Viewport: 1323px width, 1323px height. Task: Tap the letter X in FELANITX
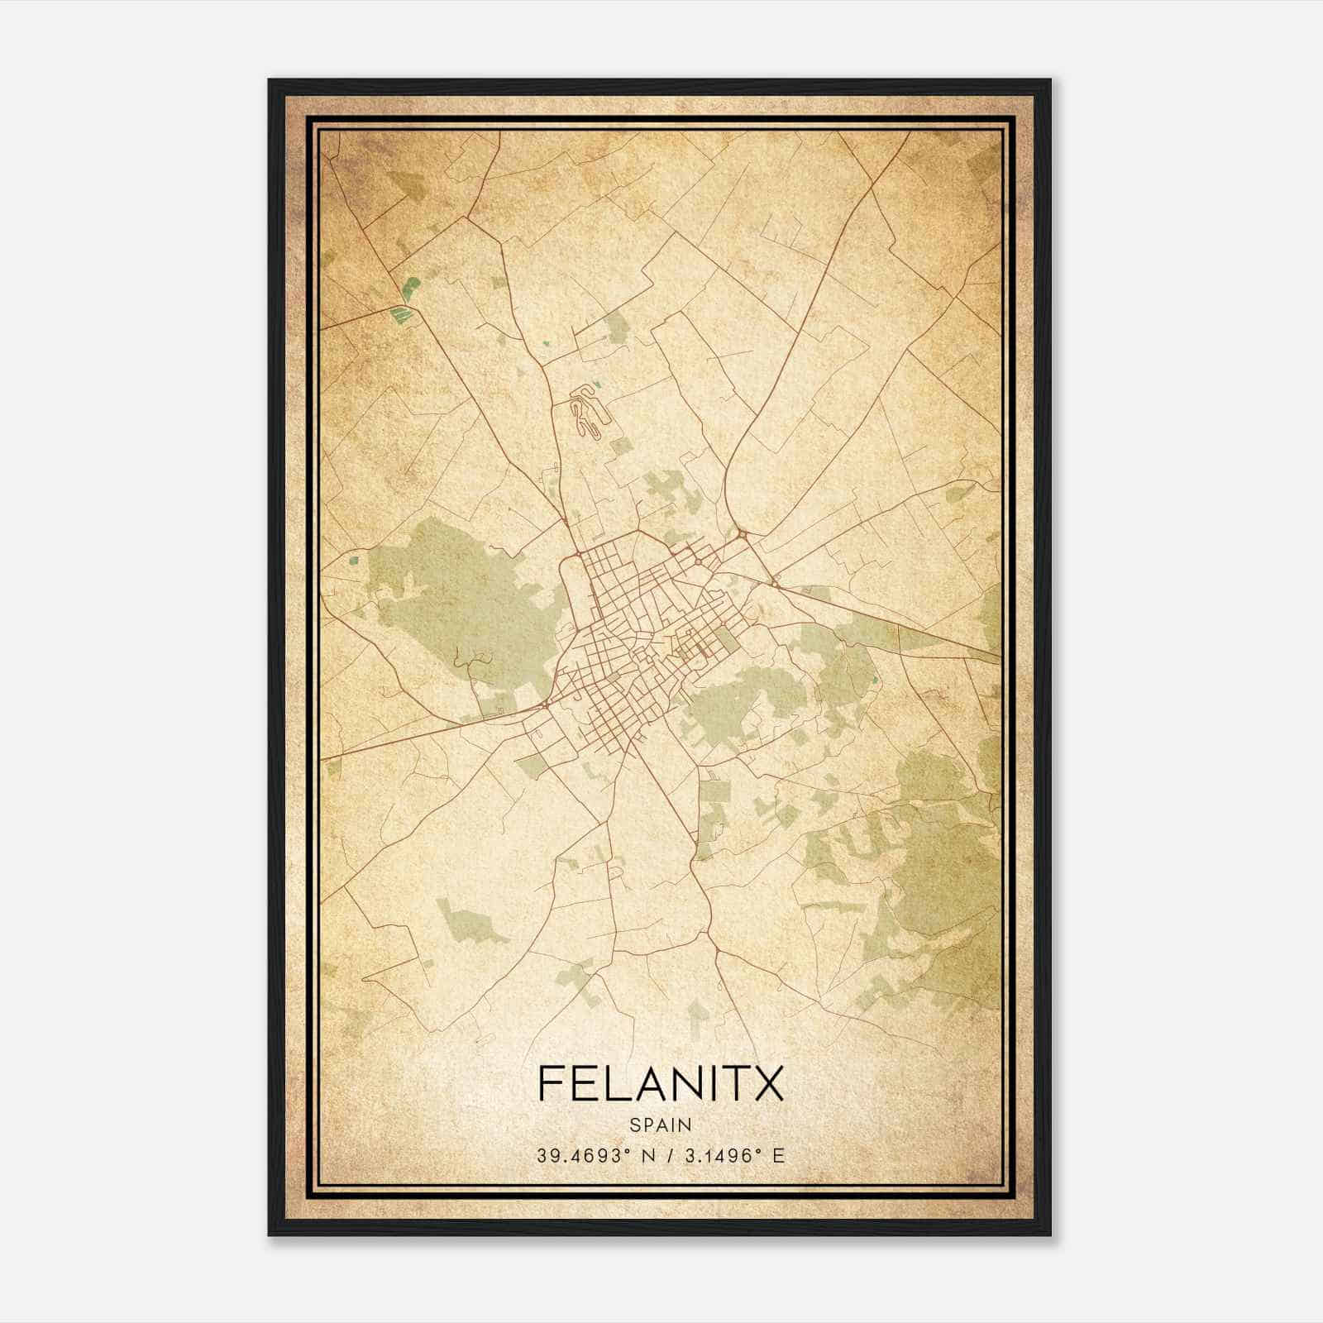tap(767, 1084)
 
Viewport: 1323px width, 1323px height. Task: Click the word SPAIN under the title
tap(661, 1125)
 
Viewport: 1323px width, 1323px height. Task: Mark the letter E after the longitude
tap(778, 1156)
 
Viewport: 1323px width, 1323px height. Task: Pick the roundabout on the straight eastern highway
tap(775, 584)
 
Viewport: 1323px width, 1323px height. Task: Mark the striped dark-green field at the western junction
tap(401, 313)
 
